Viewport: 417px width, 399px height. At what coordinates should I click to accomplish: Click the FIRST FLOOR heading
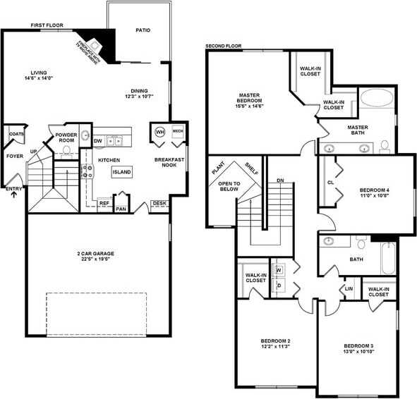tap(47, 25)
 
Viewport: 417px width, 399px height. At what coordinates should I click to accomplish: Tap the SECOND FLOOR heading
tap(223, 47)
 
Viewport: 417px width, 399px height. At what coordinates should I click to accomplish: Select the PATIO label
tap(143, 30)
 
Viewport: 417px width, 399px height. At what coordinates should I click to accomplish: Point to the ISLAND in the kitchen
tap(121, 172)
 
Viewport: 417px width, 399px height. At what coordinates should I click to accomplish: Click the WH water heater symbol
tap(159, 132)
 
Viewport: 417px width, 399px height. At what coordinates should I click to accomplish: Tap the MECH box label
tap(178, 131)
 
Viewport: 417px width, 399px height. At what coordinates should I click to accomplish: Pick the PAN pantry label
tap(121, 209)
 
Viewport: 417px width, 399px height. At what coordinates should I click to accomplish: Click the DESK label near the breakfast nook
tap(159, 204)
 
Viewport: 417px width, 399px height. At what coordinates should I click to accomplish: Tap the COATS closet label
tap(16, 134)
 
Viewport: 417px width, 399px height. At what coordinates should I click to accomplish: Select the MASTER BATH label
tap(357, 130)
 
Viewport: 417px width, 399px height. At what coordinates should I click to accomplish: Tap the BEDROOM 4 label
tap(374, 192)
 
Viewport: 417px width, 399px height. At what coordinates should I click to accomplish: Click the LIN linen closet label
tap(349, 288)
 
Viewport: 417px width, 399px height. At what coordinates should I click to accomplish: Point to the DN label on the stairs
tap(279, 180)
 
